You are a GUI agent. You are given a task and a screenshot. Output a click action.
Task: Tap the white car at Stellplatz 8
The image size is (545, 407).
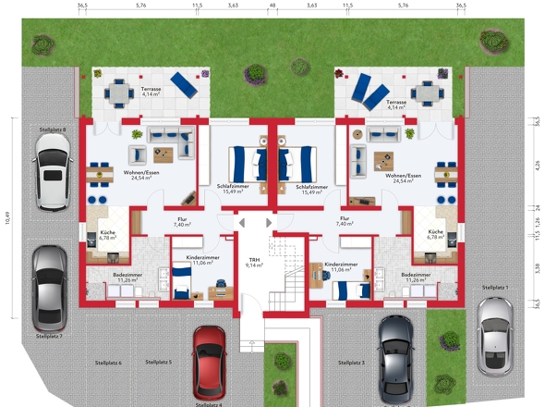point(50,171)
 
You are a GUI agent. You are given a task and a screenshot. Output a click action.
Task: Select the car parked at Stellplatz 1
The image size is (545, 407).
point(496,336)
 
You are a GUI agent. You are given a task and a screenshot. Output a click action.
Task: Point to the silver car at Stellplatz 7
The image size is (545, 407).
point(49,288)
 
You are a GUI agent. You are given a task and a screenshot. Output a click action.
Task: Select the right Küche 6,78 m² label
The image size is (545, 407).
point(436,234)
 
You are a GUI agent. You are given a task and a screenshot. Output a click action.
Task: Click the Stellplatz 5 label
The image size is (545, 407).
point(158,362)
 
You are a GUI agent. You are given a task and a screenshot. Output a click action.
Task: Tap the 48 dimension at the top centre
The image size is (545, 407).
point(272,6)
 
